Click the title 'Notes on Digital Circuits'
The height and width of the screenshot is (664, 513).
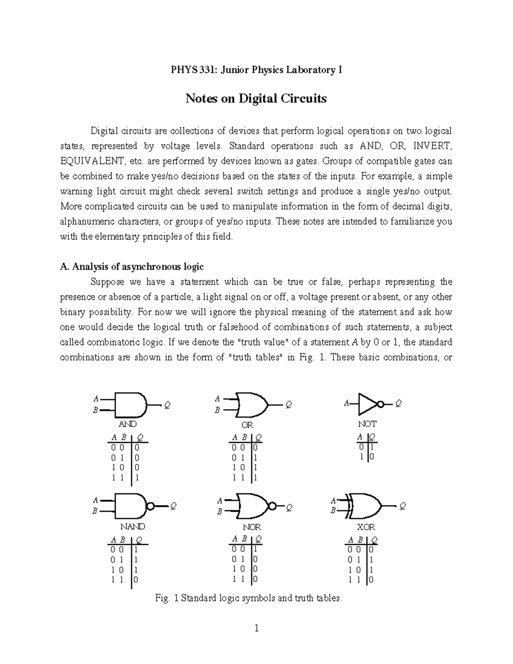click(x=256, y=99)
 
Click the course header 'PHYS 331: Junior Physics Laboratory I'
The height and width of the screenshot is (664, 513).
click(x=256, y=70)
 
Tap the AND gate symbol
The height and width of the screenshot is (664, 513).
click(x=130, y=404)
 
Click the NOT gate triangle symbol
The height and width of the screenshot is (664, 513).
click(x=367, y=404)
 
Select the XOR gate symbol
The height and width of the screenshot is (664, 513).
click(x=366, y=506)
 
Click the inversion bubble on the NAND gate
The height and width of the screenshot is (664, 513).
click(x=150, y=506)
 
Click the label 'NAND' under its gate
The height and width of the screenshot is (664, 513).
click(x=133, y=526)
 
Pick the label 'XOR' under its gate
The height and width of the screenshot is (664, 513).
click(x=366, y=527)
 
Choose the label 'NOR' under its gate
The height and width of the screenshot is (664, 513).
click(x=252, y=527)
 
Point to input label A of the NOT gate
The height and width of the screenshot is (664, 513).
click(x=346, y=403)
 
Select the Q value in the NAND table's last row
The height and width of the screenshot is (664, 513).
click(x=136, y=580)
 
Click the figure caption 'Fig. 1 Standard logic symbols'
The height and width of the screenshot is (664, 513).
click(x=249, y=598)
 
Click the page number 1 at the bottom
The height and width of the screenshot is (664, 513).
click(x=256, y=629)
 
